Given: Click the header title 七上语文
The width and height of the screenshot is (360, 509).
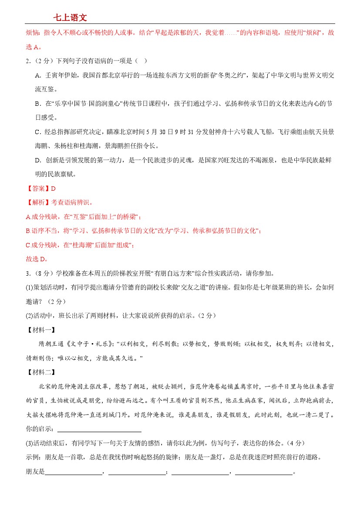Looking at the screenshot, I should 70,17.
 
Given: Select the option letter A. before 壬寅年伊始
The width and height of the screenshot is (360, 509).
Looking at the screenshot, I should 38,75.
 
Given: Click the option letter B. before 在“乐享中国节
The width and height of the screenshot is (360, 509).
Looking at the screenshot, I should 38,103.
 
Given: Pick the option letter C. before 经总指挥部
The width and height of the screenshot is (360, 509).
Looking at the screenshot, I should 38,131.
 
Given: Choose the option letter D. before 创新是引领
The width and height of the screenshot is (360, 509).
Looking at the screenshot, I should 38,160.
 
